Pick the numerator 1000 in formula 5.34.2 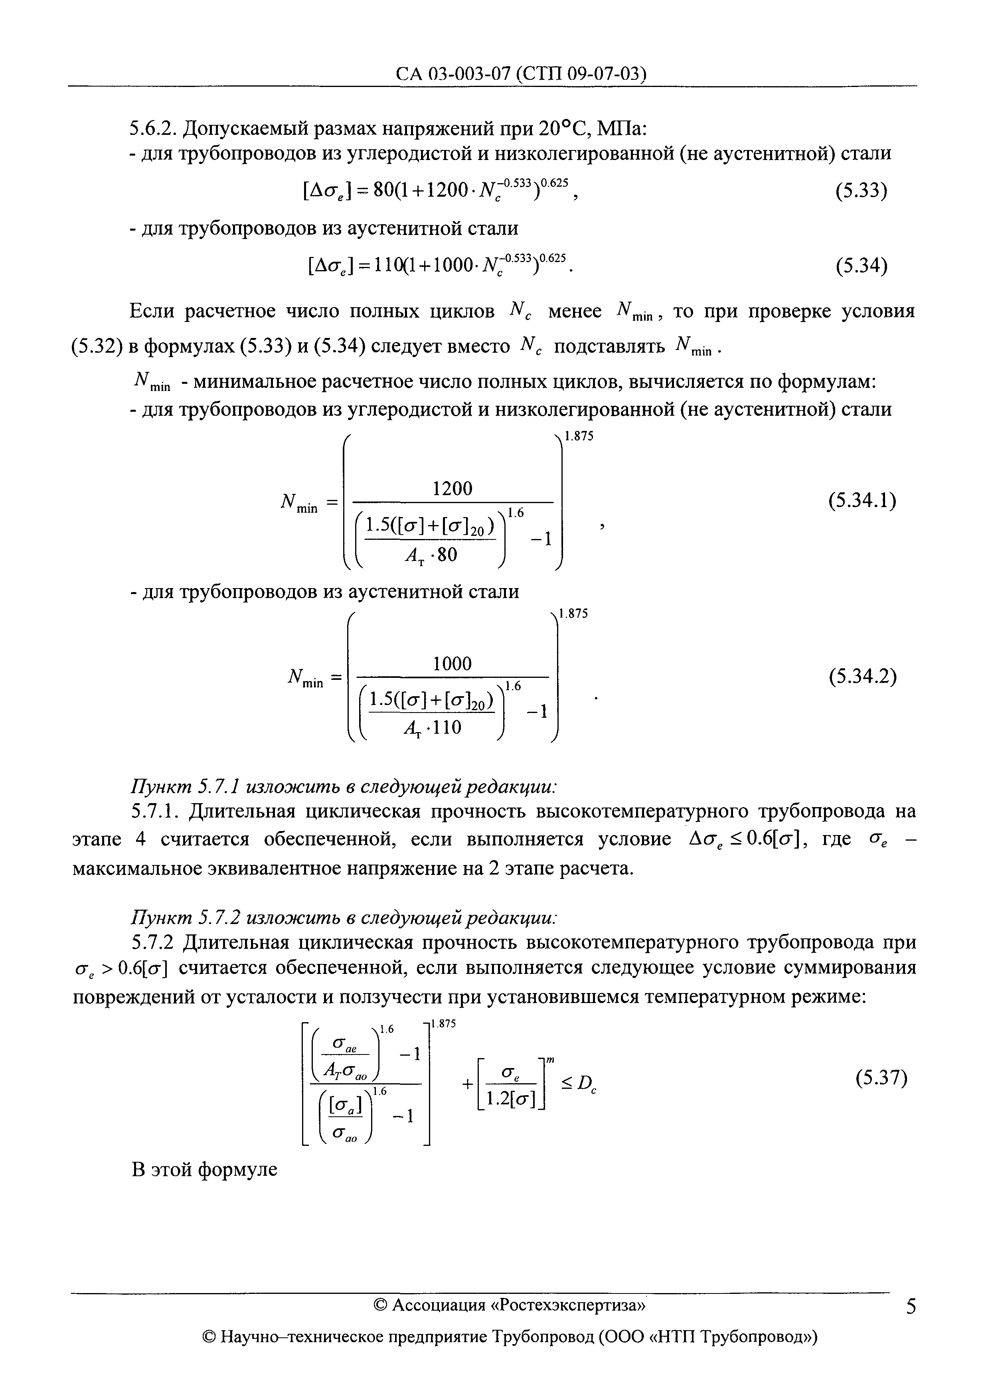pyautogui.click(x=452, y=663)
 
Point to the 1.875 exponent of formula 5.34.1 pyautogui.click(x=579, y=436)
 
